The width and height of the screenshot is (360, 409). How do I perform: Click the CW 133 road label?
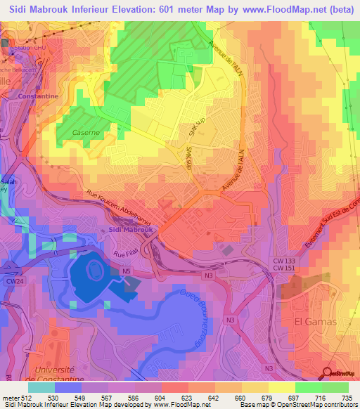pyautogui.click(x=284, y=260)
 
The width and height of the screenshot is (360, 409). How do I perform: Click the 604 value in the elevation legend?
pyautogui.click(x=149, y=398)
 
